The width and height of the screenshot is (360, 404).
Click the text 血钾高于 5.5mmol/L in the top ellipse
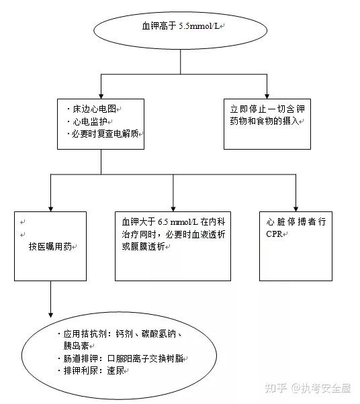click(x=181, y=26)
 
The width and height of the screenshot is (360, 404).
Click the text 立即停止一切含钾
click(x=267, y=109)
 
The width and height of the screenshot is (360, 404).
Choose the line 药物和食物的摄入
click(x=265, y=121)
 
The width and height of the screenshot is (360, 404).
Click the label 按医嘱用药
click(x=50, y=246)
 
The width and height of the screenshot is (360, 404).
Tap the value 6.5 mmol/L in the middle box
click(x=178, y=221)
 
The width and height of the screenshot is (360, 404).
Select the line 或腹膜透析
click(x=143, y=246)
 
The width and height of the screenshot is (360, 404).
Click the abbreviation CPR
click(x=274, y=234)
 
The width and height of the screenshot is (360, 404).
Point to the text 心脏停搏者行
click(x=296, y=221)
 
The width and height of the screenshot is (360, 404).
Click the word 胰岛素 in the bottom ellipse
click(x=76, y=346)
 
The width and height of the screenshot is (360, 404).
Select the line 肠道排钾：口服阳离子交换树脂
click(x=121, y=358)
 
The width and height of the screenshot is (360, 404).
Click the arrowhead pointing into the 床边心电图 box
click(x=101, y=96)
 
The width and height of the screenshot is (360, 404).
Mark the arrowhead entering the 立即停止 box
click(x=267, y=96)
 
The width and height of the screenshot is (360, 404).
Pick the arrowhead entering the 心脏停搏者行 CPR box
click(x=296, y=209)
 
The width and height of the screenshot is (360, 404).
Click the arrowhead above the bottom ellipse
click(x=51, y=315)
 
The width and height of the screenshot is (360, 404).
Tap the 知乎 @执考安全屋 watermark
click(x=308, y=388)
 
